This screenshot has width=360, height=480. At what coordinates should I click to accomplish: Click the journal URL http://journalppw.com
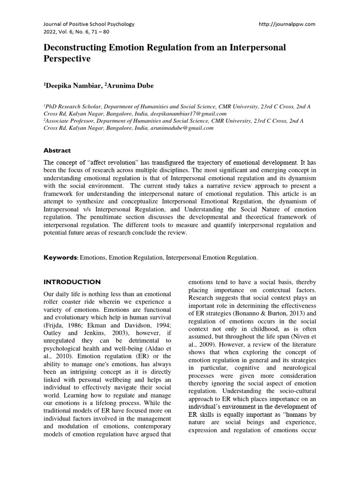[287, 24]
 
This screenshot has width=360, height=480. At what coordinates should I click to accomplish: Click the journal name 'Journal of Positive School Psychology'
[89, 24]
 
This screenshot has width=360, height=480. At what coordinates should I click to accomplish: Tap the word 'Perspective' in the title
[67, 60]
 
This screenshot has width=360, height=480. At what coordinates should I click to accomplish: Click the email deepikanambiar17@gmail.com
[187, 113]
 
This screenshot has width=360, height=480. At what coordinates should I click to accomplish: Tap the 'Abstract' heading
[57, 150]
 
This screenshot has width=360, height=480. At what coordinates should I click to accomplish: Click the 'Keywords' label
[60, 257]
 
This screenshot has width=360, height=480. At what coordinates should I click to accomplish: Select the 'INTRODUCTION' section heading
[72, 282]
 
